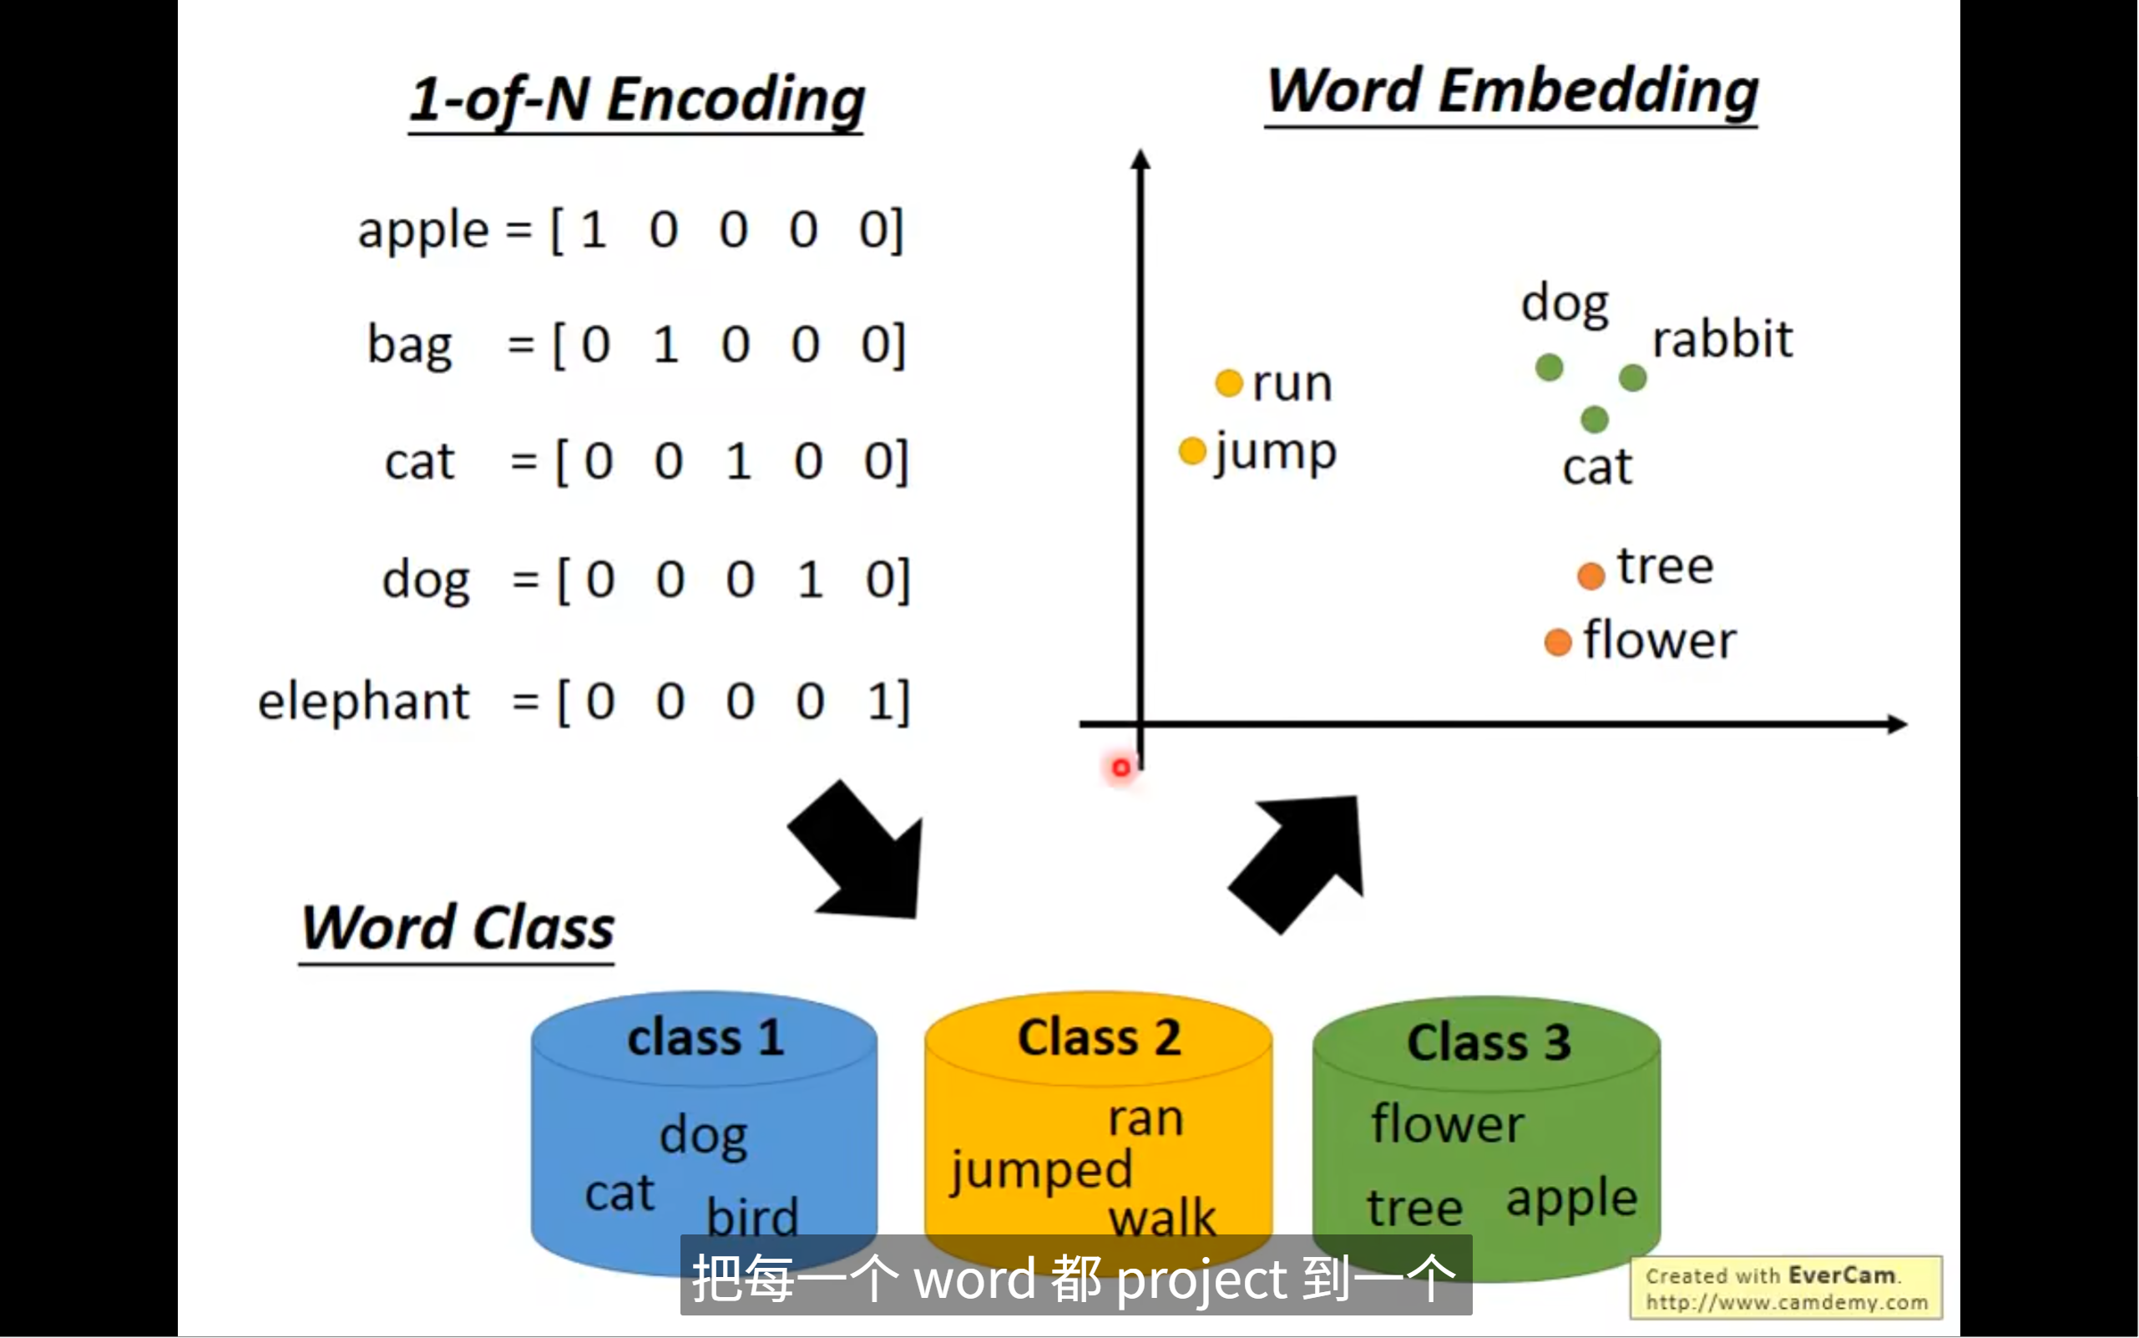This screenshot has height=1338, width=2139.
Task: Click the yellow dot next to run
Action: tap(1229, 383)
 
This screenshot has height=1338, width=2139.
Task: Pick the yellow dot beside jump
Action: tap(1192, 450)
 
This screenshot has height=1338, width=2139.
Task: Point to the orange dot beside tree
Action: tap(1590, 576)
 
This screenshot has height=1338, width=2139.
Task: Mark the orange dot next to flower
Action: tap(1557, 642)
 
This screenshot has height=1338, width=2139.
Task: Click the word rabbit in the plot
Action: tap(1722, 339)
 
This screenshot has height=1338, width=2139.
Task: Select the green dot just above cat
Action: tap(1594, 418)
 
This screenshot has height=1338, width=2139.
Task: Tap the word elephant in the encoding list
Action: tap(362, 702)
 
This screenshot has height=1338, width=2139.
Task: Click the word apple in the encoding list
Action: tap(422, 231)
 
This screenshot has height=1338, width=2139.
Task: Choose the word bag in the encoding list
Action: tap(410, 345)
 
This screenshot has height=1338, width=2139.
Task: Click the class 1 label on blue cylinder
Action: tap(705, 1037)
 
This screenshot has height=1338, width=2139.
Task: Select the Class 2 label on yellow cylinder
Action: tap(1099, 1037)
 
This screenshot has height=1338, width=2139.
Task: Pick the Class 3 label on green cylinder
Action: tap(1488, 1042)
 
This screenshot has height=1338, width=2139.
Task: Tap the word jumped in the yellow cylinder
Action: tap(1041, 1171)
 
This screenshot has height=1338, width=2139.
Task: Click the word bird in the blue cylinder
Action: tap(752, 1216)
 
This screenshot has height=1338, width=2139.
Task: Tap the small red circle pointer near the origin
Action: tap(1120, 768)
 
